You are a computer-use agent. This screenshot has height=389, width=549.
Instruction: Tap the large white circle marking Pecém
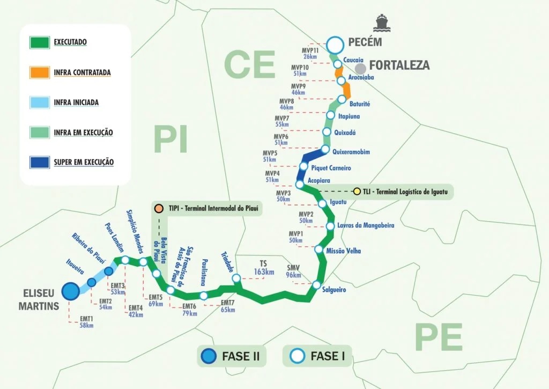point(335,45)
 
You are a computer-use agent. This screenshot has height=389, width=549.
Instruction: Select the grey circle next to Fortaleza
point(360,68)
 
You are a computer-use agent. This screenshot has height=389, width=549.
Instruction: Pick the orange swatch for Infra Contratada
point(40,72)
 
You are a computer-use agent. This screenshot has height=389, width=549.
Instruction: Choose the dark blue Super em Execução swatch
point(40,162)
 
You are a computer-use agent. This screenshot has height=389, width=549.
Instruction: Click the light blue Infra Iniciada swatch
point(40,102)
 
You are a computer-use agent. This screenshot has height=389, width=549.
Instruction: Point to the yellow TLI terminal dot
point(358,191)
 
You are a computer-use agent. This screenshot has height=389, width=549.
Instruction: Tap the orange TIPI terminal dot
point(158,208)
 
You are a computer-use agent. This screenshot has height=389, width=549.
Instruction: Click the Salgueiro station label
point(335,290)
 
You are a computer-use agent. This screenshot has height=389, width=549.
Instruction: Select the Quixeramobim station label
point(351,152)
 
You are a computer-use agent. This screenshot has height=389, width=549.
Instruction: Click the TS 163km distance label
point(263,268)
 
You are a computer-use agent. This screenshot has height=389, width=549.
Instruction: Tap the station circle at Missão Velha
point(319,249)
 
